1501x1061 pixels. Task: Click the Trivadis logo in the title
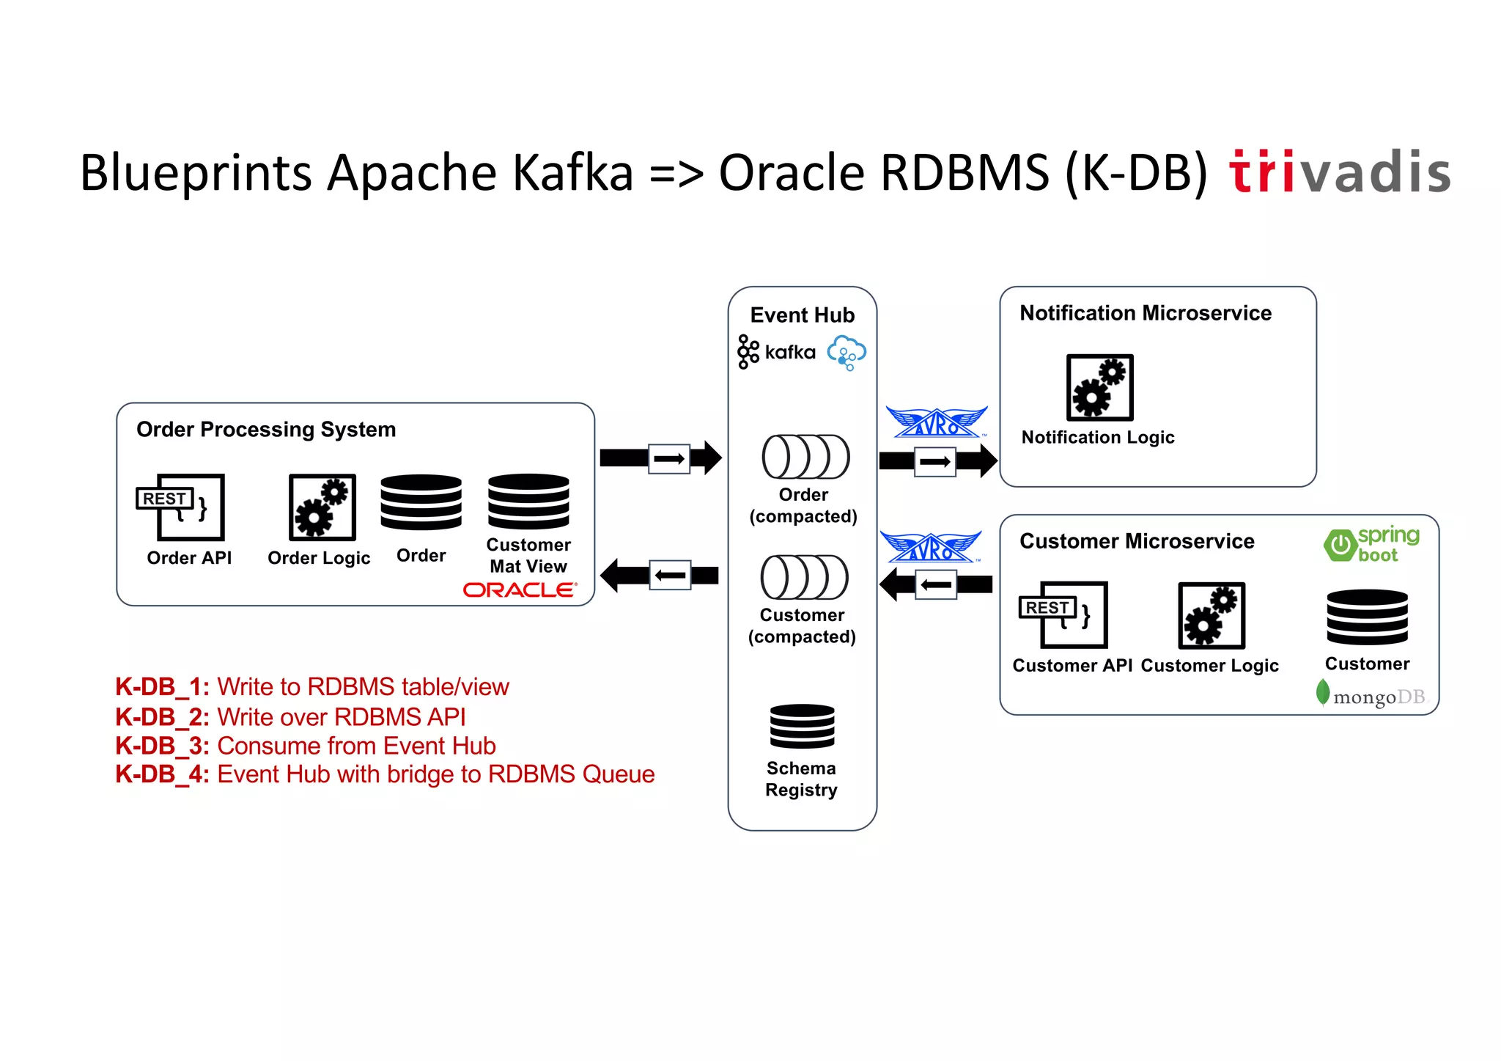click(x=1340, y=173)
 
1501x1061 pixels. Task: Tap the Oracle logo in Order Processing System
click(x=520, y=590)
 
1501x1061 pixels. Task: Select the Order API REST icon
click(x=181, y=507)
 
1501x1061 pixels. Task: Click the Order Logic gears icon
click(x=322, y=507)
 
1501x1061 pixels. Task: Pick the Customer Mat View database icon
click(x=528, y=502)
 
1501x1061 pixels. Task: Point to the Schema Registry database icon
click(x=802, y=726)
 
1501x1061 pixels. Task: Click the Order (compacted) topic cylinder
click(x=805, y=457)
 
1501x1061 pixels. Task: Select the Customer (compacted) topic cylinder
click(x=804, y=577)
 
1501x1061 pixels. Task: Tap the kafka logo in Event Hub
click(x=776, y=352)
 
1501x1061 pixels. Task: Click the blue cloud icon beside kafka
click(x=847, y=352)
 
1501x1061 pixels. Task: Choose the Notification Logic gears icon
click(x=1099, y=387)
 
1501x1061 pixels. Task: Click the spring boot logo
click(x=1371, y=544)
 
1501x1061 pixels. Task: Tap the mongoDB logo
click(x=1371, y=695)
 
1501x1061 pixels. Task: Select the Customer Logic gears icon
click(x=1211, y=615)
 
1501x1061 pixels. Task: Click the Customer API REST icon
click(x=1064, y=614)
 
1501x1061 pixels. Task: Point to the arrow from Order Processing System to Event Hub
click(x=660, y=458)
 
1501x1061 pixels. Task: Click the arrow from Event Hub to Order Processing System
click(x=659, y=575)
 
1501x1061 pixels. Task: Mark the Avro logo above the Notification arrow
click(x=936, y=422)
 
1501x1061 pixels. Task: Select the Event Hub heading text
click(x=802, y=315)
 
